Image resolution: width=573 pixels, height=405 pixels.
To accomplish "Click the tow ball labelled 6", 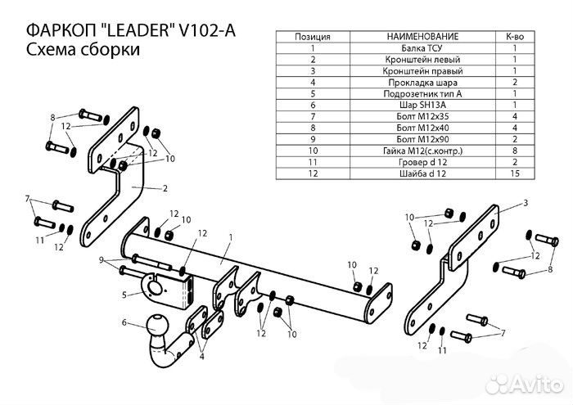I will pos(157,332).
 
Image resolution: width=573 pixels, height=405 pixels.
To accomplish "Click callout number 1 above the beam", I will pos(230,236).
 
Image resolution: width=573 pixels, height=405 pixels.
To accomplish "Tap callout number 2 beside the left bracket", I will pos(165,189).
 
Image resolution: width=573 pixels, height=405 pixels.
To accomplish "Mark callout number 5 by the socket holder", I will pos(124,295).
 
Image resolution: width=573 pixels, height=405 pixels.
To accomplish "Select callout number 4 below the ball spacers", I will pos(201,356).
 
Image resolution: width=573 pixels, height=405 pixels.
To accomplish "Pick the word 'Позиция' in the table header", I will pos(313,37).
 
